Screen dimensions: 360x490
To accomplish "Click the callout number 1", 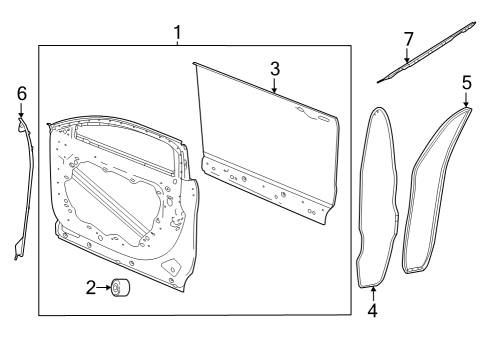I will (177, 32).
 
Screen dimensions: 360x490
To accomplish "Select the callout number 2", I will (90, 289).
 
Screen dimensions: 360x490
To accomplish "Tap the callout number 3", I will (275, 69).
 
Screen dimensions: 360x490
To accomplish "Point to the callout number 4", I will (372, 310).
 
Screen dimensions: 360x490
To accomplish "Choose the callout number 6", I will (21, 93).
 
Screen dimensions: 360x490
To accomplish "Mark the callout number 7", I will (407, 39).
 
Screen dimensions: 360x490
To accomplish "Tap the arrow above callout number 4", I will (372, 292).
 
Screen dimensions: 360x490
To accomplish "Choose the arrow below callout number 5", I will (467, 101).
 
